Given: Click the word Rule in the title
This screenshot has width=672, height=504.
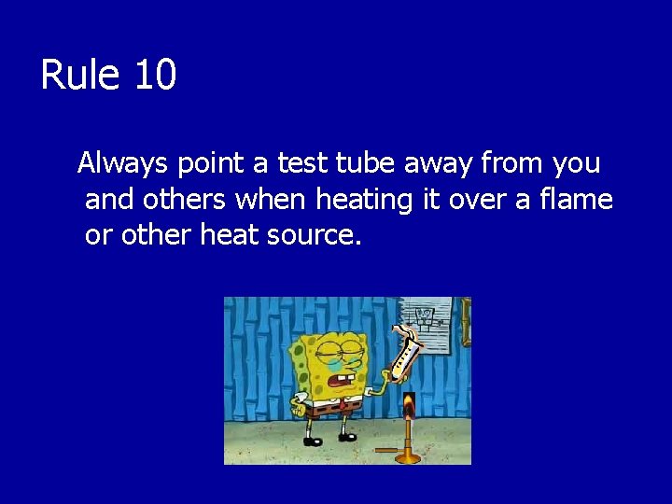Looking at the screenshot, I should tap(81, 75).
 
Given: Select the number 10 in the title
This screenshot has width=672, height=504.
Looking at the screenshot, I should tap(155, 75).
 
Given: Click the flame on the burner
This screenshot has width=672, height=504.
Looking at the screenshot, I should tap(408, 406).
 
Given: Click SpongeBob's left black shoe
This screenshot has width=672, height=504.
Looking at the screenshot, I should tap(312, 441).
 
